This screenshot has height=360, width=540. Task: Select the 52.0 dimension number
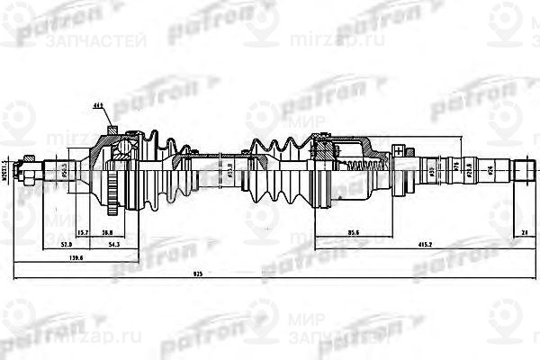65,244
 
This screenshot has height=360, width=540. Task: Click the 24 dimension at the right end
524,232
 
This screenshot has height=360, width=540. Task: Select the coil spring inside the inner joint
359,167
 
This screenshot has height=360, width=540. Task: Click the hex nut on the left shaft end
30,168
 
